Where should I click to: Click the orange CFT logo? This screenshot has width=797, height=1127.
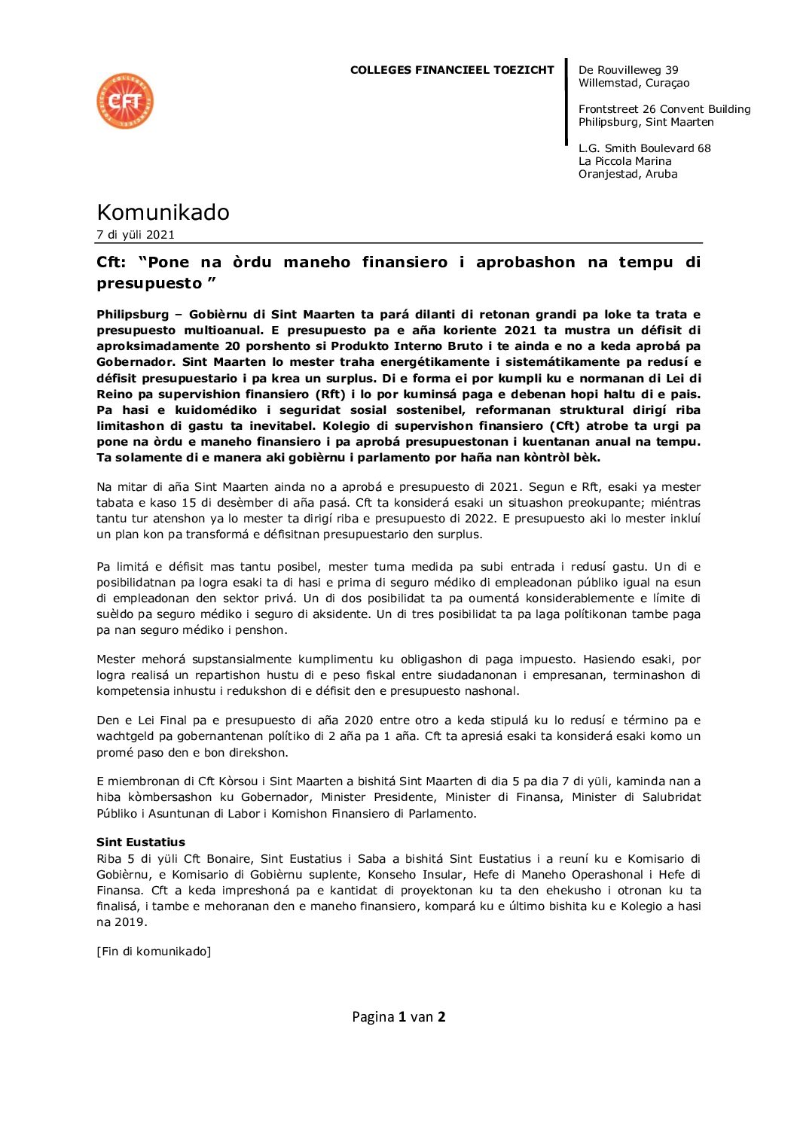click(x=125, y=101)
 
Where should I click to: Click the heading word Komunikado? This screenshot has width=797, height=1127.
click(x=163, y=212)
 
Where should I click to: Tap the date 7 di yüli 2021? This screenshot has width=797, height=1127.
click(x=136, y=235)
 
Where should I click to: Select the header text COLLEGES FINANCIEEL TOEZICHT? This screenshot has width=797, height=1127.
click(x=452, y=70)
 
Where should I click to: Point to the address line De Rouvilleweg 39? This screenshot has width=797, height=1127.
click(x=628, y=70)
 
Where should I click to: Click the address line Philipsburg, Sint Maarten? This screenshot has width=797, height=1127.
click(x=646, y=122)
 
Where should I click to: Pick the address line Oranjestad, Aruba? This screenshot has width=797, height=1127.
click(x=628, y=174)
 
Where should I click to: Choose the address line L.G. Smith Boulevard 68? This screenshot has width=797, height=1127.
click(x=644, y=148)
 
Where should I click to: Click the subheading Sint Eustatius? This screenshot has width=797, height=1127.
click(x=141, y=842)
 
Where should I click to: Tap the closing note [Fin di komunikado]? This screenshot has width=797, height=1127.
click(x=154, y=952)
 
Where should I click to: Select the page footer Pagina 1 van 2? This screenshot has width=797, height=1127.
click(x=398, y=1017)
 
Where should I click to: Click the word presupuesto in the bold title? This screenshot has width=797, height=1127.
click(x=149, y=284)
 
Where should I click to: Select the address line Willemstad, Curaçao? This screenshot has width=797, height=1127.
click(x=634, y=83)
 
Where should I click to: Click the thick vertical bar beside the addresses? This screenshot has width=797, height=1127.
click(x=566, y=102)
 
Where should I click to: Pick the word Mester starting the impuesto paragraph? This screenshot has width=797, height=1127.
click(x=116, y=659)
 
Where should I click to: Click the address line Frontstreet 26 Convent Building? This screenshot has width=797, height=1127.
click(x=664, y=109)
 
